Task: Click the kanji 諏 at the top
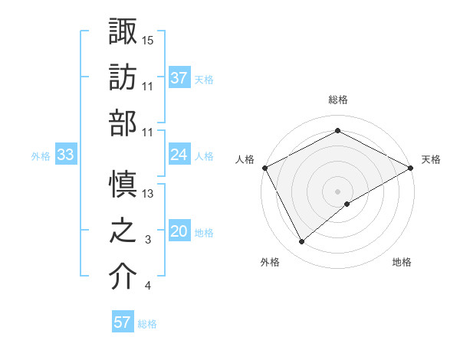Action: (123, 31)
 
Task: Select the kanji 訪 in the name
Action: (123, 77)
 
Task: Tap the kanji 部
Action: (123, 123)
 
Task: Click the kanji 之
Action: (123, 231)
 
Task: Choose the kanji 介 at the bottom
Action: (123, 277)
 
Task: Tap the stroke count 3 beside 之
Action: (148, 241)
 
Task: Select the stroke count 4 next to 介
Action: (148, 286)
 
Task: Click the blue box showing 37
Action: (179, 77)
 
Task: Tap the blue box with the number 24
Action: (179, 155)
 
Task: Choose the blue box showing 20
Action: (179, 231)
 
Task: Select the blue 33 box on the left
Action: (65, 155)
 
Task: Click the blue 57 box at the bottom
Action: (122, 322)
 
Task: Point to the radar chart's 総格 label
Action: (337, 100)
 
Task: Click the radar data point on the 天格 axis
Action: (412, 168)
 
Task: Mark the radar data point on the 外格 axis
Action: (301, 242)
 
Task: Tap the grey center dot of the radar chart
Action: (337, 190)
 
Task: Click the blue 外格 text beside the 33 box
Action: (41, 155)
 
